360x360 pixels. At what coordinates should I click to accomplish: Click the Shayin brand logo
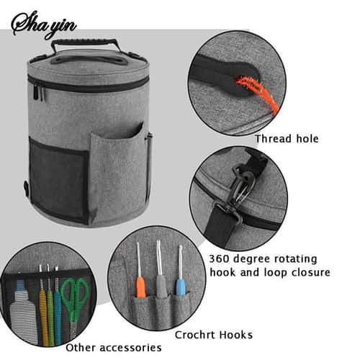click(44, 24)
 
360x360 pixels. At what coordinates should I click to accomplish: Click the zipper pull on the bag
click(36, 92)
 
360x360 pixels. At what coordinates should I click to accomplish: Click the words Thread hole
click(287, 139)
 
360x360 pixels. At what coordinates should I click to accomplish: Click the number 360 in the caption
click(219, 259)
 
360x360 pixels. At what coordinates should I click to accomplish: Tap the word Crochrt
click(194, 335)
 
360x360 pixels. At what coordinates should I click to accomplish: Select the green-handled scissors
click(75, 302)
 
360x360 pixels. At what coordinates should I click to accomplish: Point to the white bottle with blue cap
click(23, 310)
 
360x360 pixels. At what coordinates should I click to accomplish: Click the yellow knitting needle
click(43, 310)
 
